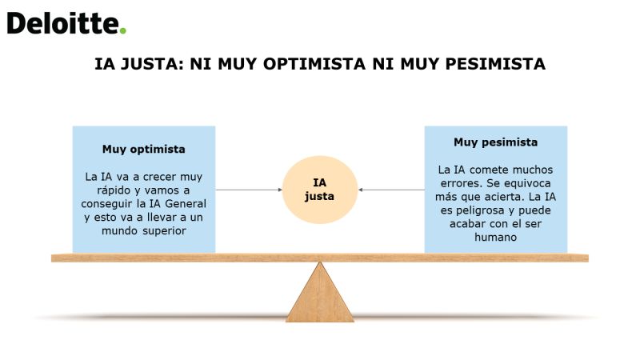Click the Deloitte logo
tap(66, 23)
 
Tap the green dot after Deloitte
tap(122, 30)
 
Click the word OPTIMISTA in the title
tap(314, 64)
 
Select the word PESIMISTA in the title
tap(495, 64)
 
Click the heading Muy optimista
tap(144, 149)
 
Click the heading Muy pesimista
tap(495, 142)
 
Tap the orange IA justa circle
tap(320, 190)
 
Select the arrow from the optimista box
tap(249, 190)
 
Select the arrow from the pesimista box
tap(391, 190)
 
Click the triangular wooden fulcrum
tap(320, 292)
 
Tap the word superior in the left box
tap(165, 231)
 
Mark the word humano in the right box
tap(495, 238)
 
